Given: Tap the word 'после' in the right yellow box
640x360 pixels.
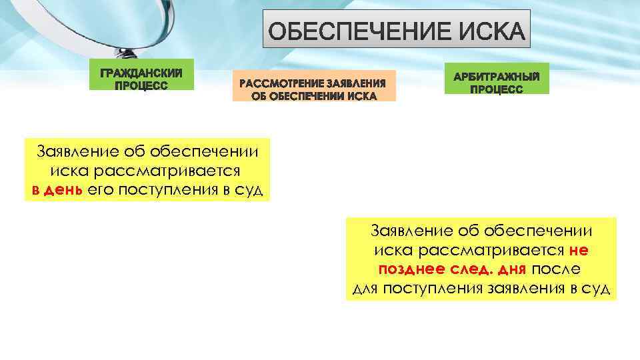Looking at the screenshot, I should click(x=557, y=270).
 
